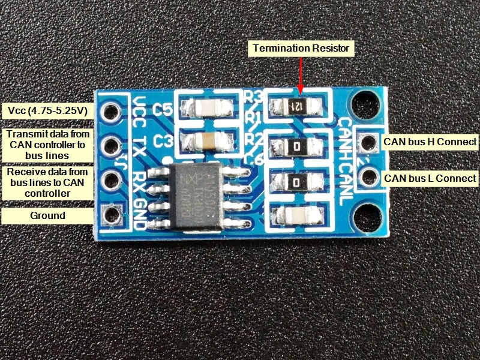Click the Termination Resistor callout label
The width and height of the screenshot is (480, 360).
[301, 47]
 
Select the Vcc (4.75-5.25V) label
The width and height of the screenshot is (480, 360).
[47, 110]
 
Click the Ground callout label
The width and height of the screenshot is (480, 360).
[47, 215]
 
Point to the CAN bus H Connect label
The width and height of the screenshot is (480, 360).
[430, 142]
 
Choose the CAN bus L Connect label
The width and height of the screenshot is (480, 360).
[430, 178]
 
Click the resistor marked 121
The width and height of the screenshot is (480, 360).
[298, 107]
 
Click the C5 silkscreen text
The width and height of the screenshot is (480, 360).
[163, 110]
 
